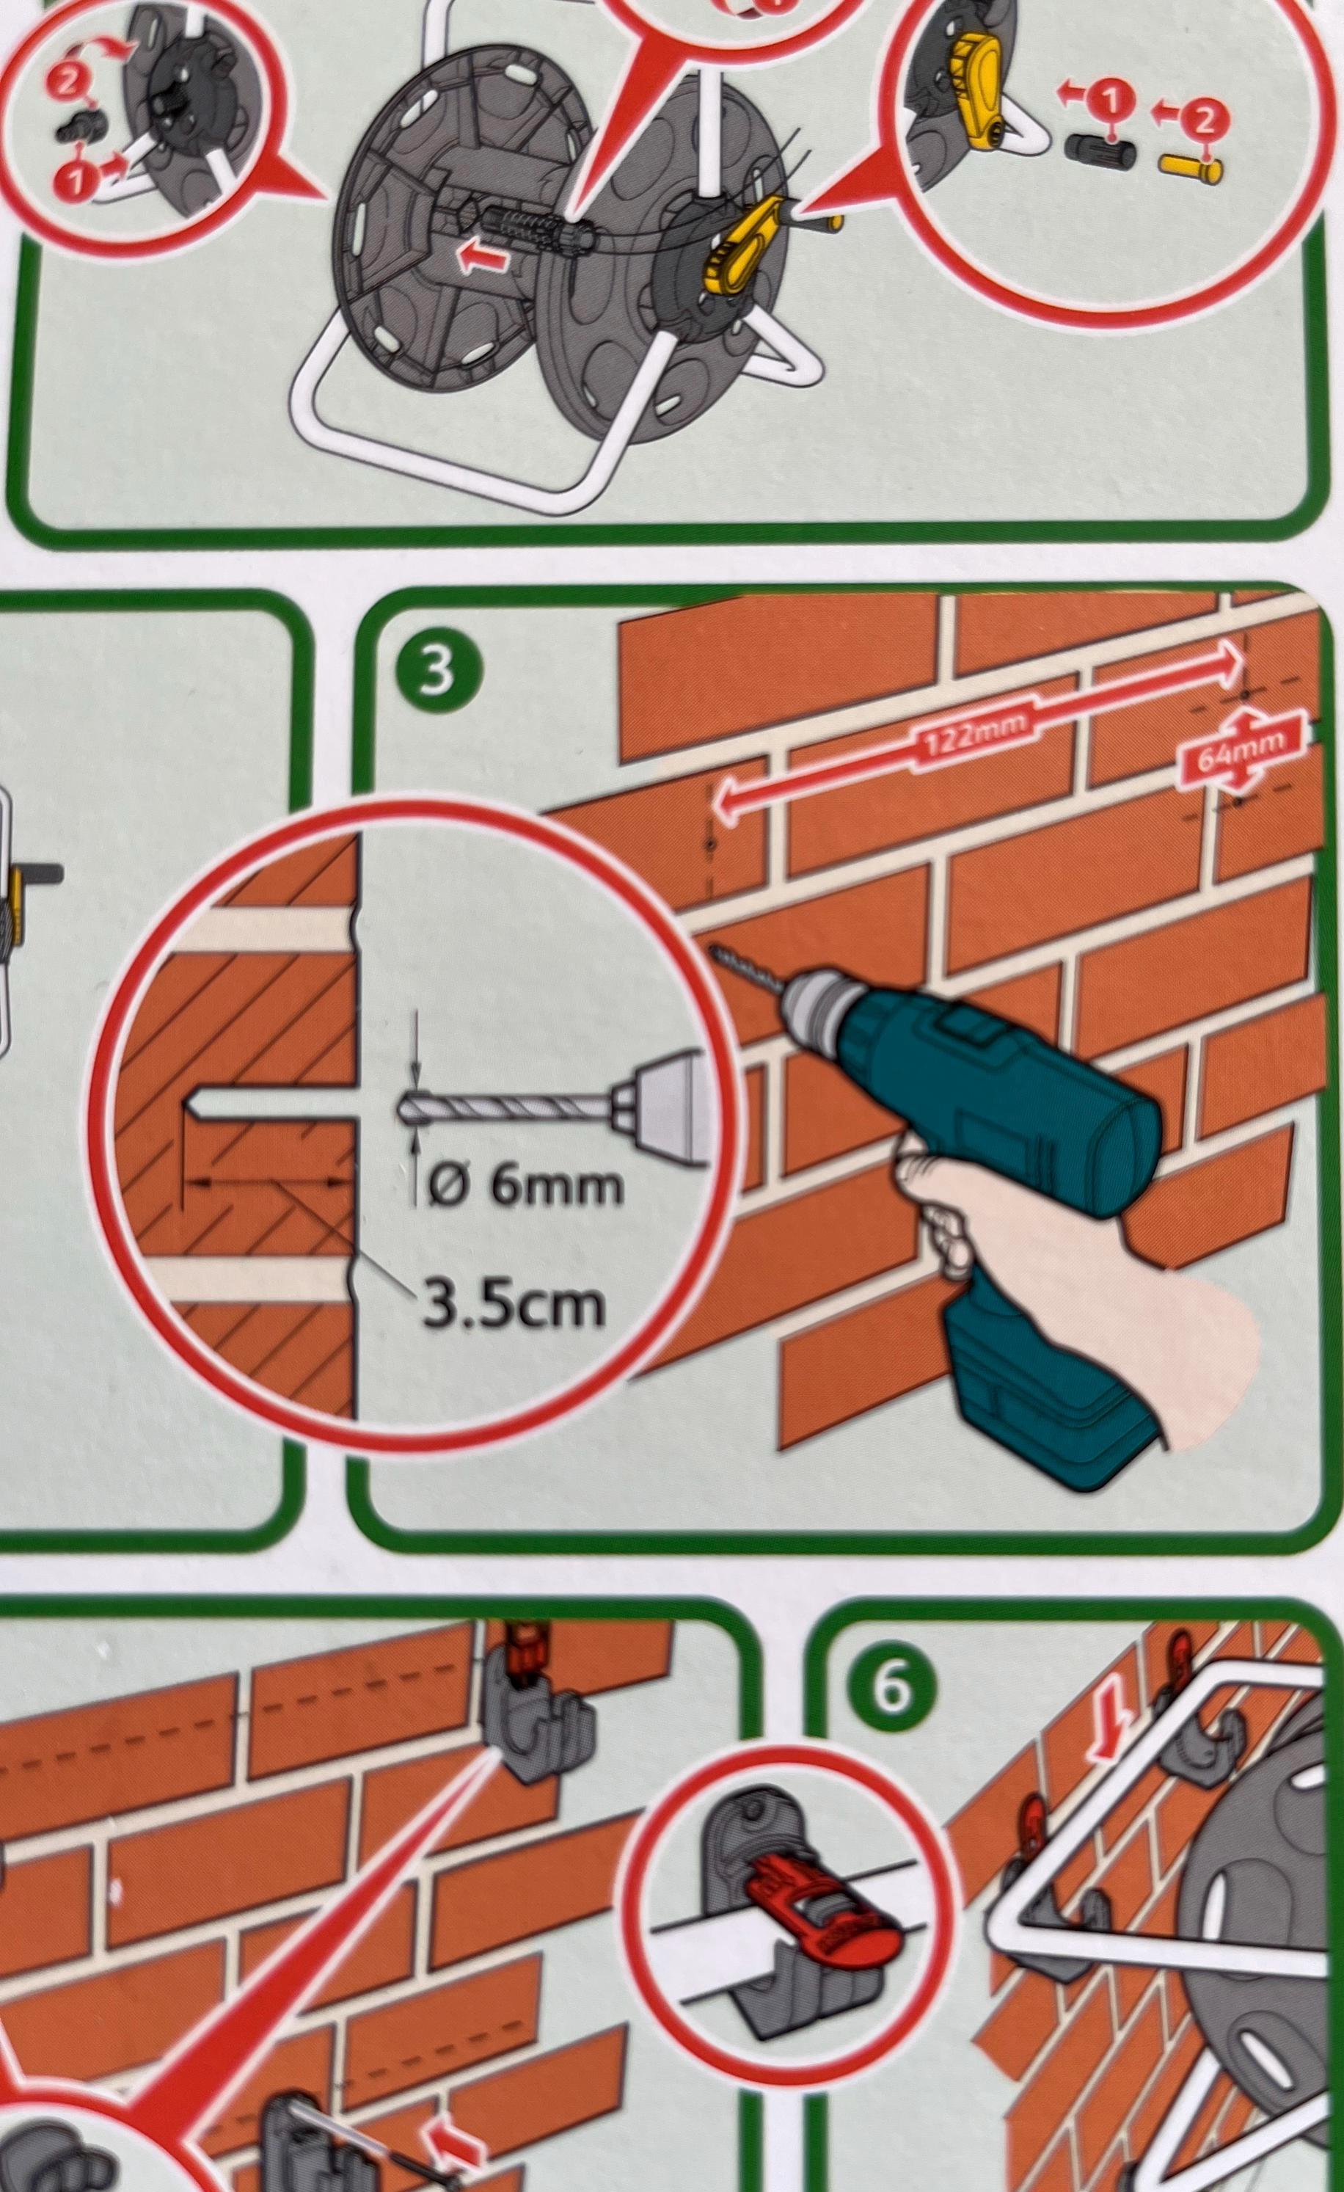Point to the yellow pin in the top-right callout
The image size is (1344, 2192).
click(1191, 167)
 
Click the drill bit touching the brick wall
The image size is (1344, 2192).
click(745, 972)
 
